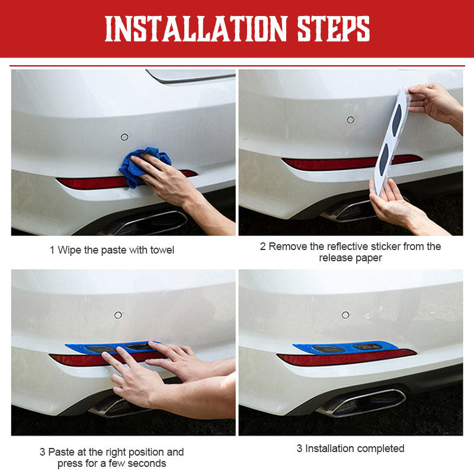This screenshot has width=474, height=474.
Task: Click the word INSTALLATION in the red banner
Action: click(196, 28)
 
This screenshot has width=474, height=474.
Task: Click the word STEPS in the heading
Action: click(334, 28)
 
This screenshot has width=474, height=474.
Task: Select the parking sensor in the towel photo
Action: click(124, 137)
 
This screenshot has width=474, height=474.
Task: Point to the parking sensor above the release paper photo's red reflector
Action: click(350, 120)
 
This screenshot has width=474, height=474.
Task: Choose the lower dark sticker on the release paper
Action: click(383, 159)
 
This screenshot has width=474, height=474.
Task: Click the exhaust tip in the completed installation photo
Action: click(361, 402)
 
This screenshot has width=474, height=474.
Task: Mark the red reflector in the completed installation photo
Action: click(346, 358)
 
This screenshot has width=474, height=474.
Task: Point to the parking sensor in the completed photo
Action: click(345, 315)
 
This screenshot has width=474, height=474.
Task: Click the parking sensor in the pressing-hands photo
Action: click(118, 315)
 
